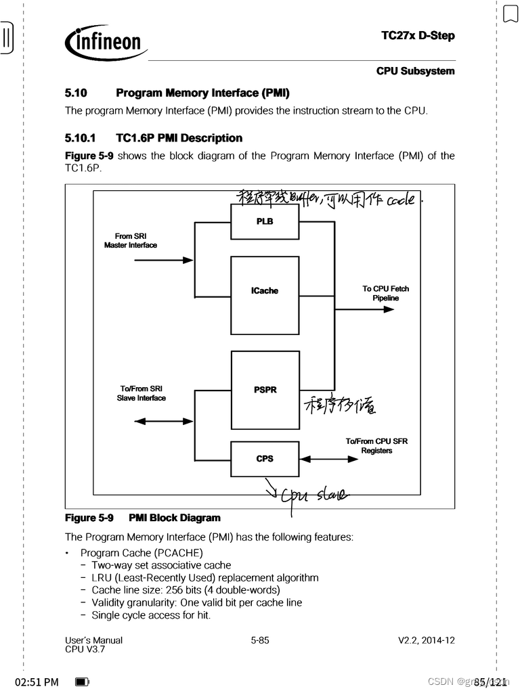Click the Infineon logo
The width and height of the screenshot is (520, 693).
(x=106, y=43)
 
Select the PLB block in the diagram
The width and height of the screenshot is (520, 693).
(x=265, y=221)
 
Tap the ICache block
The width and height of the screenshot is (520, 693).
(x=265, y=291)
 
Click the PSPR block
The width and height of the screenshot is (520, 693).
(x=265, y=390)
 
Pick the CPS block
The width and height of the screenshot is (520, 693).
(x=265, y=459)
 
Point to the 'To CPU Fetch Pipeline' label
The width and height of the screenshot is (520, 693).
(x=385, y=293)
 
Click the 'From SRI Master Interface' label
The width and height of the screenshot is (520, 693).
(x=130, y=241)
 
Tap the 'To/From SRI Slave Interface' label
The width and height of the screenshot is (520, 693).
(x=141, y=393)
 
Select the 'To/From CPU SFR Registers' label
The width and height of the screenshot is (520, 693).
(x=376, y=446)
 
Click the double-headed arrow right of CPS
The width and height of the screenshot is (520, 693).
(x=328, y=459)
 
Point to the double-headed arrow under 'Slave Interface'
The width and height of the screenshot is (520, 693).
(x=159, y=421)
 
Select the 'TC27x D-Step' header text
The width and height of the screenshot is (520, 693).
(x=418, y=35)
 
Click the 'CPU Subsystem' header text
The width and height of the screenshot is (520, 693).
(x=416, y=71)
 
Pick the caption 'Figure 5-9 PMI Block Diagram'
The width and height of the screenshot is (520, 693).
(x=143, y=518)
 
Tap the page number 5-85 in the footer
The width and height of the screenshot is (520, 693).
(x=260, y=640)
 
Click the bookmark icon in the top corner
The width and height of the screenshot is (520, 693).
(x=510, y=14)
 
